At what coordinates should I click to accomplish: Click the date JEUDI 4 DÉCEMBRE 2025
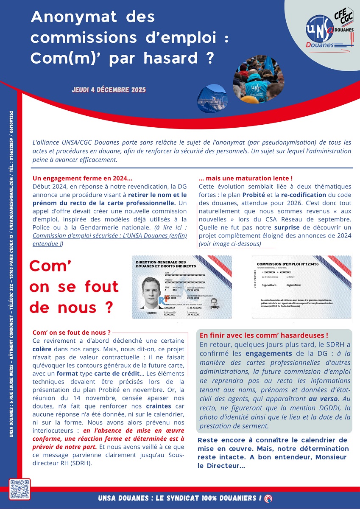tap(109, 90)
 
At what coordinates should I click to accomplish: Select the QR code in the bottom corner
tap(20, 489)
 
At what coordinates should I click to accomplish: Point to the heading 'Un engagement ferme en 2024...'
tap(82, 179)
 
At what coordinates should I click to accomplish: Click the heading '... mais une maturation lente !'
tap(246, 179)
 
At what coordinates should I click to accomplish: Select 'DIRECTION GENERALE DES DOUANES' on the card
tap(161, 264)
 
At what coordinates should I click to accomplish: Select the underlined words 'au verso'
tap(321, 399)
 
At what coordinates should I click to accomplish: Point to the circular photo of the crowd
tap(252, 79)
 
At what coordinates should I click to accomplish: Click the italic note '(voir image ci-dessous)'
tap(230, 244)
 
